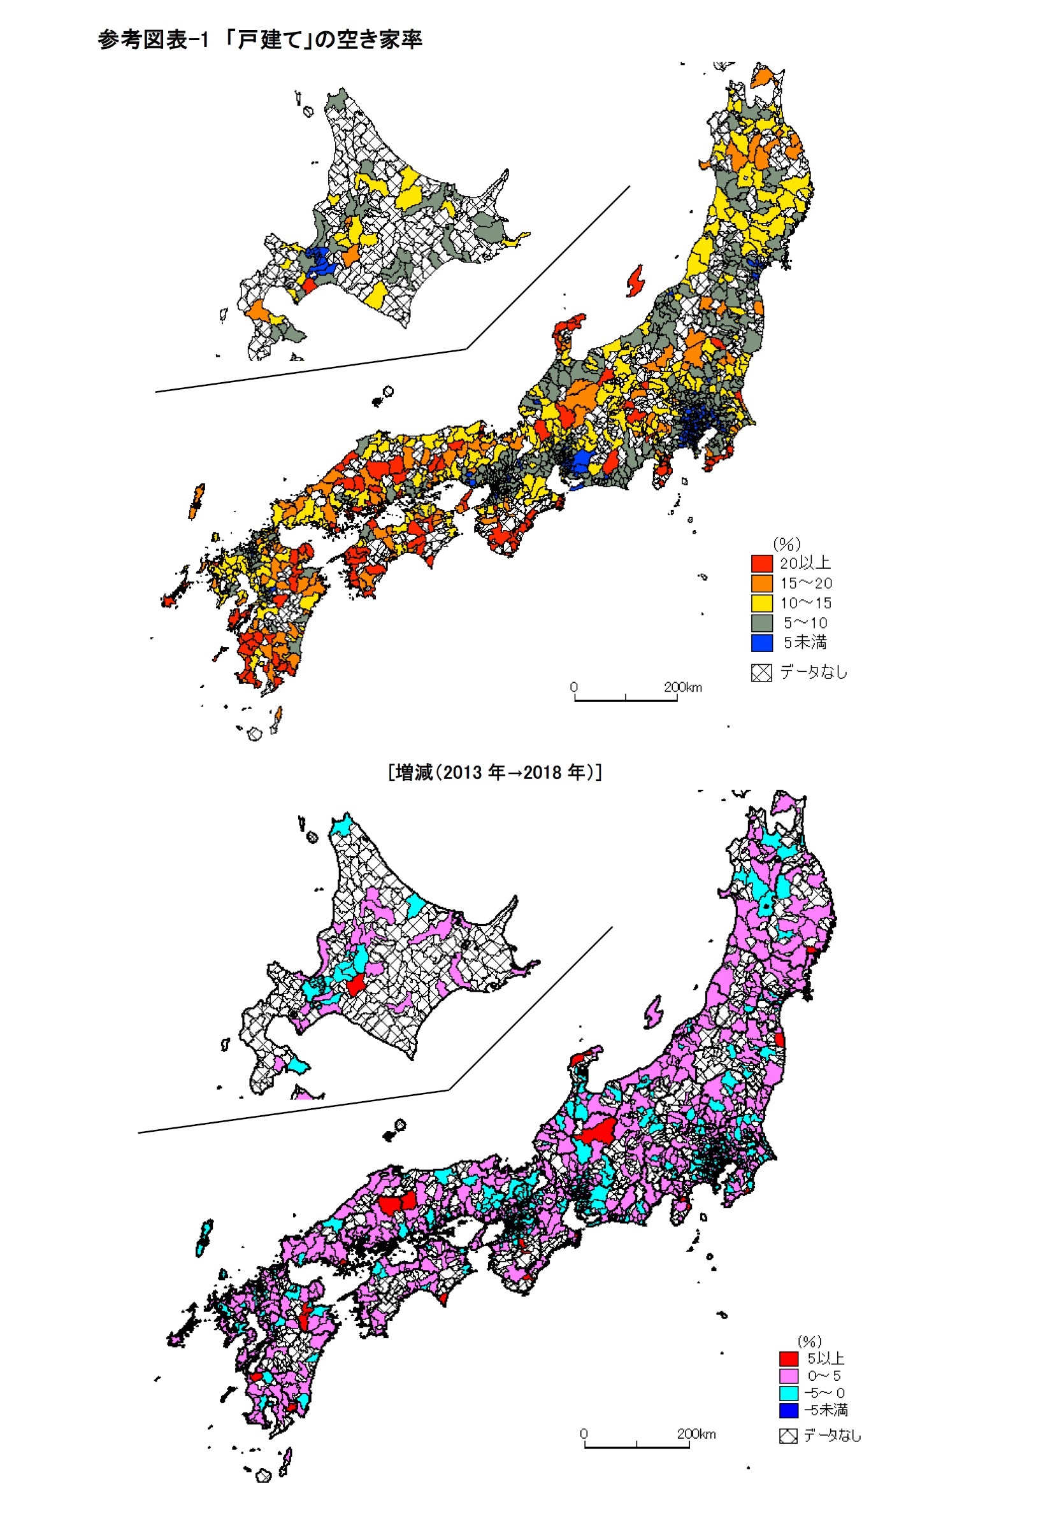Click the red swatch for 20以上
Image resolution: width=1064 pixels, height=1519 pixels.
pyautogui.click(x=761, y=563)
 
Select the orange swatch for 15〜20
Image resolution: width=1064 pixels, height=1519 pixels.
pyautogui.click(x=761, y=583)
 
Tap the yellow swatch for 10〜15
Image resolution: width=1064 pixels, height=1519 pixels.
pyautogui.click(x=761, y=603)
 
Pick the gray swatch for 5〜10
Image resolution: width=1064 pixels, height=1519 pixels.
pyautogui.click(x=761, y=622)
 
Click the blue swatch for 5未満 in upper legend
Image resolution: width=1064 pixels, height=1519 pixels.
pyautogui.click(x=761, y=643)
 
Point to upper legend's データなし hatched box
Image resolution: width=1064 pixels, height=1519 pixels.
pyautogui.click(x=761, y=673)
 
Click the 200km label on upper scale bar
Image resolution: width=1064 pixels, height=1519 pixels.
pyautogui.click(x=683, y=687)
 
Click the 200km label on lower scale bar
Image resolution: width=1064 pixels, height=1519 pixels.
pyautogui.click(x=696, y=1434)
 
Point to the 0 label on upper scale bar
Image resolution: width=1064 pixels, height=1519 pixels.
pyautogui.click(x=573, y=687)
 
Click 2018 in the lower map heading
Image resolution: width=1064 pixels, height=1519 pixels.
pyautogui.click(x=543, y=772)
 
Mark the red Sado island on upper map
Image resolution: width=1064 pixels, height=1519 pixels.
pyautogui.click(x=635, y=280)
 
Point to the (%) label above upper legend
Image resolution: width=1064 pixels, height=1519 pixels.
pyautogui.click(x=786, y=544)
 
